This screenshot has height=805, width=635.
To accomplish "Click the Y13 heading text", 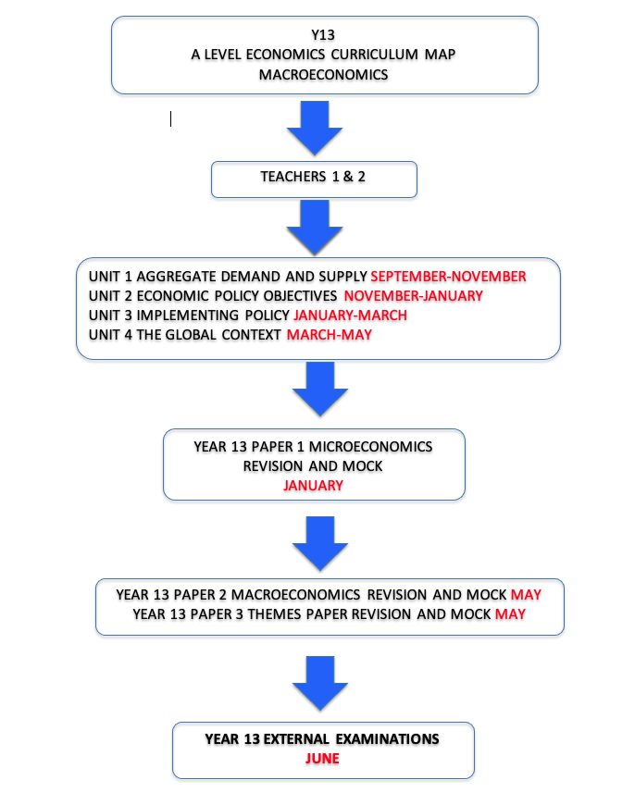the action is pyautogui.click(x=323, y=35).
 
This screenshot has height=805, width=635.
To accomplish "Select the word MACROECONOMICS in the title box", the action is pyautogui.click(x=323, y=75).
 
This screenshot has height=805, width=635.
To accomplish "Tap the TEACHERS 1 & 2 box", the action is pyautogui.click(x=314, y=180).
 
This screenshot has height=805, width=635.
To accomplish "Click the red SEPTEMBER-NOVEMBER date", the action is pyautogui.click(x=448, y=277).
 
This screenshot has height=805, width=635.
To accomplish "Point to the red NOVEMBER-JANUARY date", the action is pyautogui.click(x=414, y=296).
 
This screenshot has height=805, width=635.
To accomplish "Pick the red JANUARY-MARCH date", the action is pyautogui.click(x=350, y=316).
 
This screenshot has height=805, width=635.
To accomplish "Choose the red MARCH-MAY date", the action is pyautogui.click(x=330, y=335).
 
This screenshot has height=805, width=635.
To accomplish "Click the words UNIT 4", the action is pyautogui.click(x=110, y=335).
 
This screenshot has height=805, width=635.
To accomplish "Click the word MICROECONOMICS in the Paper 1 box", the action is pyautogui.click(x=370, y=447).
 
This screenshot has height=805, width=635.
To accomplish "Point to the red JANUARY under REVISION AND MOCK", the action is pyautogui.click(x=314, y=486).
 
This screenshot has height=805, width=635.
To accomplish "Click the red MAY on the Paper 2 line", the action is pyautogui.click(x=526, y=595).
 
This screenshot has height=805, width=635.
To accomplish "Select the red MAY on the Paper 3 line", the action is pyautogui.click(x=510, y=614).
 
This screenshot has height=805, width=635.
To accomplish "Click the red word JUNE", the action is pyautogui.click(x=322, y=759).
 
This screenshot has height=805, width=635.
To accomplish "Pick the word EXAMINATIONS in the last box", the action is pyautogui.click(x=387, y=738).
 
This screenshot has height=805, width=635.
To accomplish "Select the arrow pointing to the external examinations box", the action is pyautogui.click(x=320, y=683).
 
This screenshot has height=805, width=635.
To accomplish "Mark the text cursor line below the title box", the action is pyautogui.click(x=170, y=119).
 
